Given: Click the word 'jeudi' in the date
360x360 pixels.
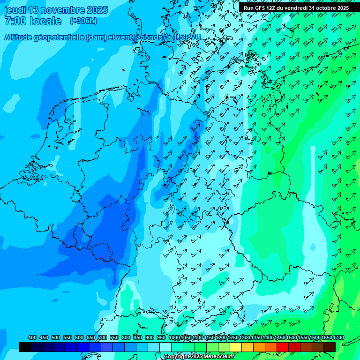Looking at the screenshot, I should pos(15,10).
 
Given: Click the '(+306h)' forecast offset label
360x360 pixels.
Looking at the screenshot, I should pos(83,21).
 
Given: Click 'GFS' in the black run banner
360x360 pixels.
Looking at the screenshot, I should pos(261,8).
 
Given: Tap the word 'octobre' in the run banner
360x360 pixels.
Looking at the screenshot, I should pos(320,8).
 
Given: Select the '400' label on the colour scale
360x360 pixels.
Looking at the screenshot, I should pos(32,337).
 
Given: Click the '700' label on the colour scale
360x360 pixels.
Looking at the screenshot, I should pos(103,337).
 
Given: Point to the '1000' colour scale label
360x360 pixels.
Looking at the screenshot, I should pos(174,337).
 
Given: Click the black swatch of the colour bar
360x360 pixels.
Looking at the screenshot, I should pos(25,347).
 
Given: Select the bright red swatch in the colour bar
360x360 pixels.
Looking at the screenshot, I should pos(283,347).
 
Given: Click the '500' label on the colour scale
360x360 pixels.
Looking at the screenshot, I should pos(56,337).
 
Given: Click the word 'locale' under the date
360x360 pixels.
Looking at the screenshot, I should pos(45,21).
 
